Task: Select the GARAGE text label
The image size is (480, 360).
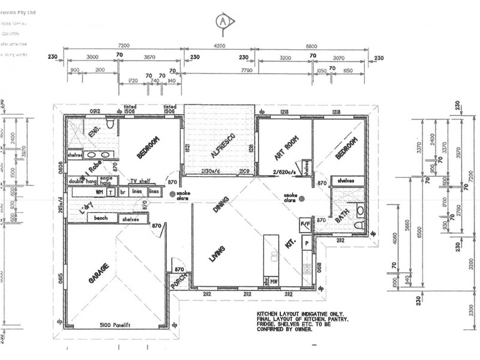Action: pos(100,273)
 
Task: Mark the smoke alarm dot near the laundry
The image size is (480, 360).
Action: pos(172,194)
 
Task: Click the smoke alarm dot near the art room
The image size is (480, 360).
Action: pos(302,199)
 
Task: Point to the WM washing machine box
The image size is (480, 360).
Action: pos(99,192)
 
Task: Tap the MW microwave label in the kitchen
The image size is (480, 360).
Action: pos(273,280)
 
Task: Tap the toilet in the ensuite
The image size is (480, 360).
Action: pos(109,124)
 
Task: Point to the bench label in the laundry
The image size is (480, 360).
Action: pos(101,218)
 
